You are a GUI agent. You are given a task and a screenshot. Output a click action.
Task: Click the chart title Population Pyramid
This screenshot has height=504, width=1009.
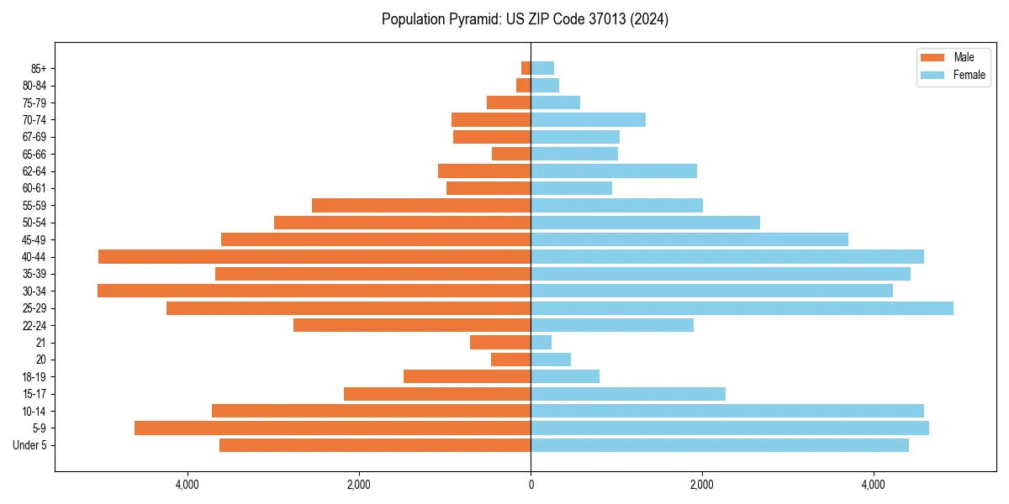[x=525, y=19]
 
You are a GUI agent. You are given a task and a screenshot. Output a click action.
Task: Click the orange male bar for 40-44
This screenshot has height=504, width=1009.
[x=314, y=256]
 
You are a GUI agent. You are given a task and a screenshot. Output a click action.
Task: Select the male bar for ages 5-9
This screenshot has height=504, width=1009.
[x=332, y=428]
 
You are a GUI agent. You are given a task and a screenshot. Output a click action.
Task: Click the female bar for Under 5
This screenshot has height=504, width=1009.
[x=720, y=445]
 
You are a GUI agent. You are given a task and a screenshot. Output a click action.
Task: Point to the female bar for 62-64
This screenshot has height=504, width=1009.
[x=614, y=171]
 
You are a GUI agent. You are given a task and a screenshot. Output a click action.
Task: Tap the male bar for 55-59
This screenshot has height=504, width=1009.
[x=421, y=205]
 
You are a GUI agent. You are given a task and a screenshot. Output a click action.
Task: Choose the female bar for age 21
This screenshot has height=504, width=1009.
[x=541, y=343]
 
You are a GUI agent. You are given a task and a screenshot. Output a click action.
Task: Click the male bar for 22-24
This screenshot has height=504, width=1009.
[x=412, y=325]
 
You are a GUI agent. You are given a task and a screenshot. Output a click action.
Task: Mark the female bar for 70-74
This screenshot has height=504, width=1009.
[x=588, y=119]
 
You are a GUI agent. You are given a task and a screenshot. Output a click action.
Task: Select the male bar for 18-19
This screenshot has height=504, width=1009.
[x=467, y=376]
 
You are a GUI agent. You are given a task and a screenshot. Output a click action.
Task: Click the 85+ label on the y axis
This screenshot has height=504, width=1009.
[x=37, y=68]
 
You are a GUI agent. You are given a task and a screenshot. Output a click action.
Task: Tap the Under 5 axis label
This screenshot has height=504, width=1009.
[x=29, y=445]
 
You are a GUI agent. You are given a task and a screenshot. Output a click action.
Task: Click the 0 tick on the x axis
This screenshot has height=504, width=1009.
[x=531, y=485]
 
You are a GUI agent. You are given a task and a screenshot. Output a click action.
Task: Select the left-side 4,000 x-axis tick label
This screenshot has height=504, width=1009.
[x=187, y=485]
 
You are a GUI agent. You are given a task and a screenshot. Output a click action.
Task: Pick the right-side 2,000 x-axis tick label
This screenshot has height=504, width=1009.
[x=702, y=485]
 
